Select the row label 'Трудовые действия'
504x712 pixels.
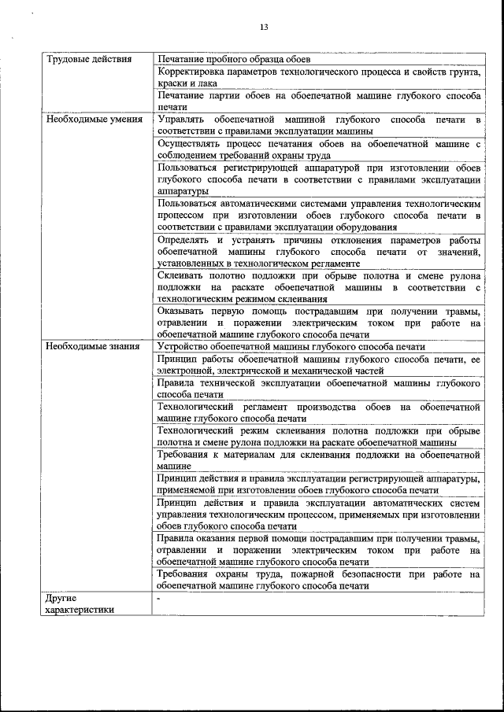point(83,60)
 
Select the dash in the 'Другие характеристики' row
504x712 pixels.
point(158,599)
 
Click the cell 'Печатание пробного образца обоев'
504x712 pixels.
point(234,60)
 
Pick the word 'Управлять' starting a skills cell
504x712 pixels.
point(180,120)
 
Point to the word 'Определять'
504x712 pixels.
point(185,240)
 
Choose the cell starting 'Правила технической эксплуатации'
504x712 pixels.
point(318,388)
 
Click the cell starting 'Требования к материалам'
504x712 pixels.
point(318,460)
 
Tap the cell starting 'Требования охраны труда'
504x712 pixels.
point(318,581)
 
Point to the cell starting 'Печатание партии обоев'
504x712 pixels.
point(318,101)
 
